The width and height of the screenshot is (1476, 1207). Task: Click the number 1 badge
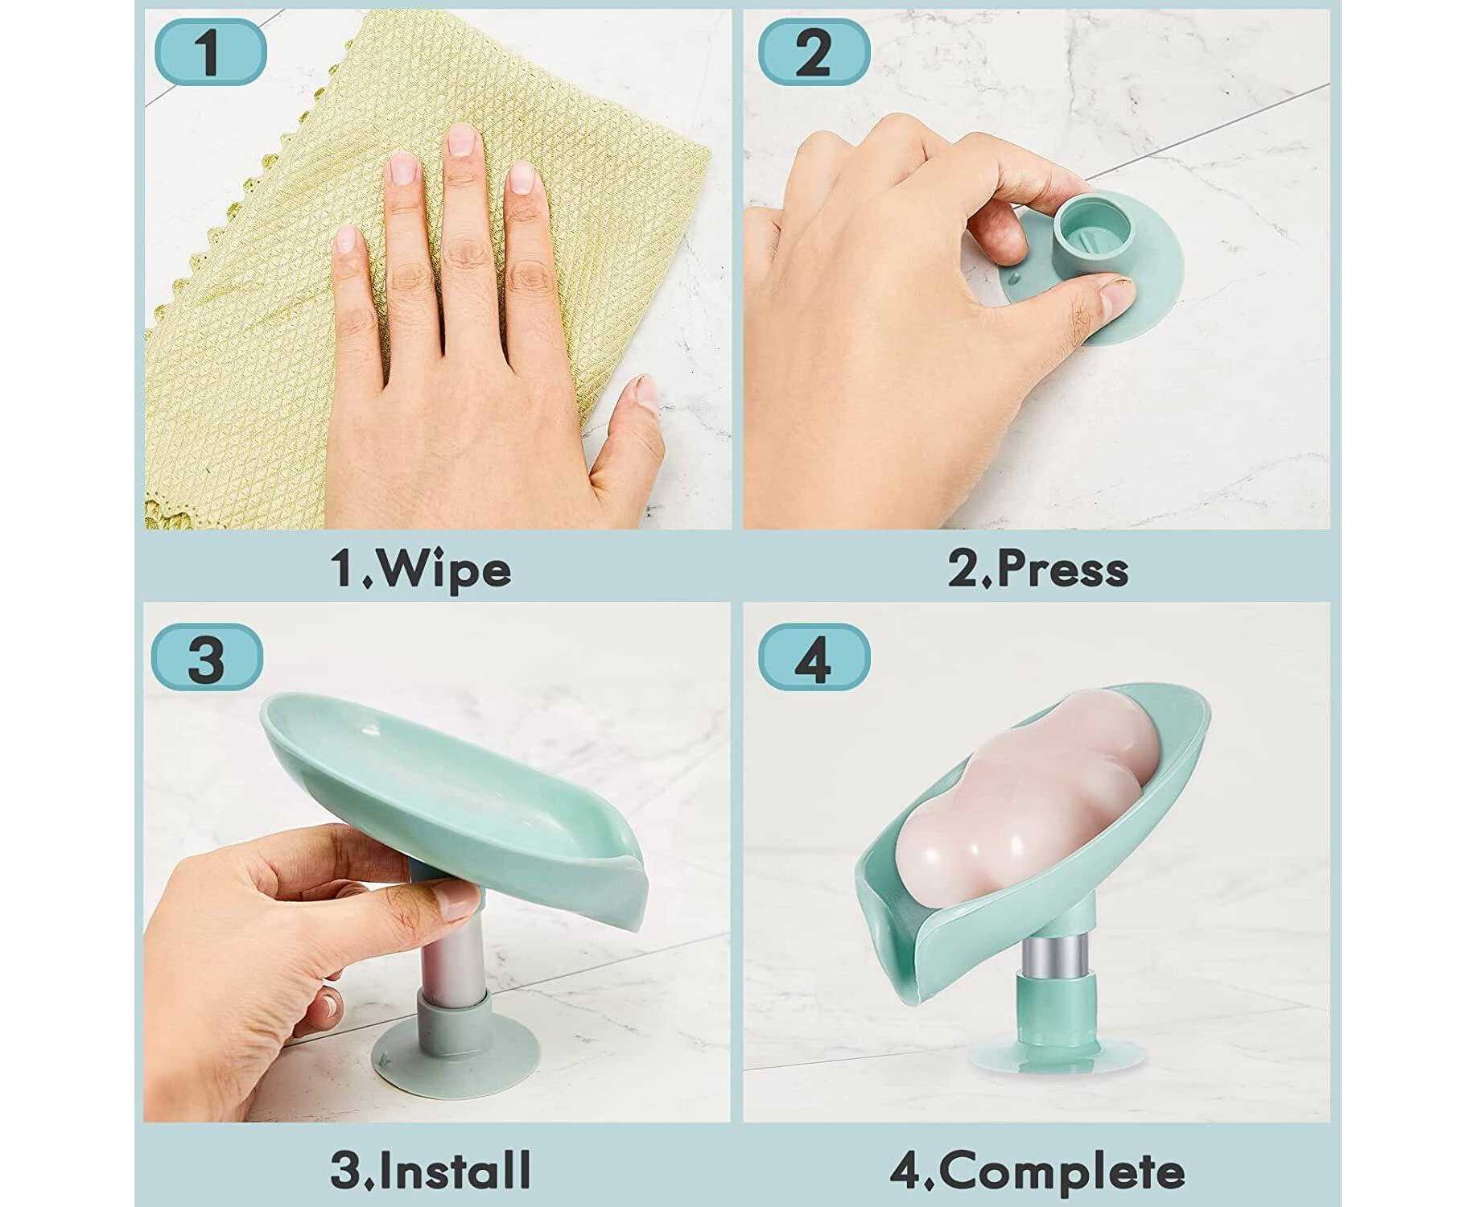pos(209,51)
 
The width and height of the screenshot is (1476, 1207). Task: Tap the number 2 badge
pos(814,51)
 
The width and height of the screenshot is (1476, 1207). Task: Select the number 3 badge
pos(207,657)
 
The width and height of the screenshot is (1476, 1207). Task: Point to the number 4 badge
pos(814,657)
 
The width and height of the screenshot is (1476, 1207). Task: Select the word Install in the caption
pos(454,1170)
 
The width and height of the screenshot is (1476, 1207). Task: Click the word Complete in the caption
pos(1062,1172)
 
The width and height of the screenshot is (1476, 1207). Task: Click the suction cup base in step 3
pos(456,1054)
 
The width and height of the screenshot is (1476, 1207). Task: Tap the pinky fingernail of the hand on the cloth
pos(347,239)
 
